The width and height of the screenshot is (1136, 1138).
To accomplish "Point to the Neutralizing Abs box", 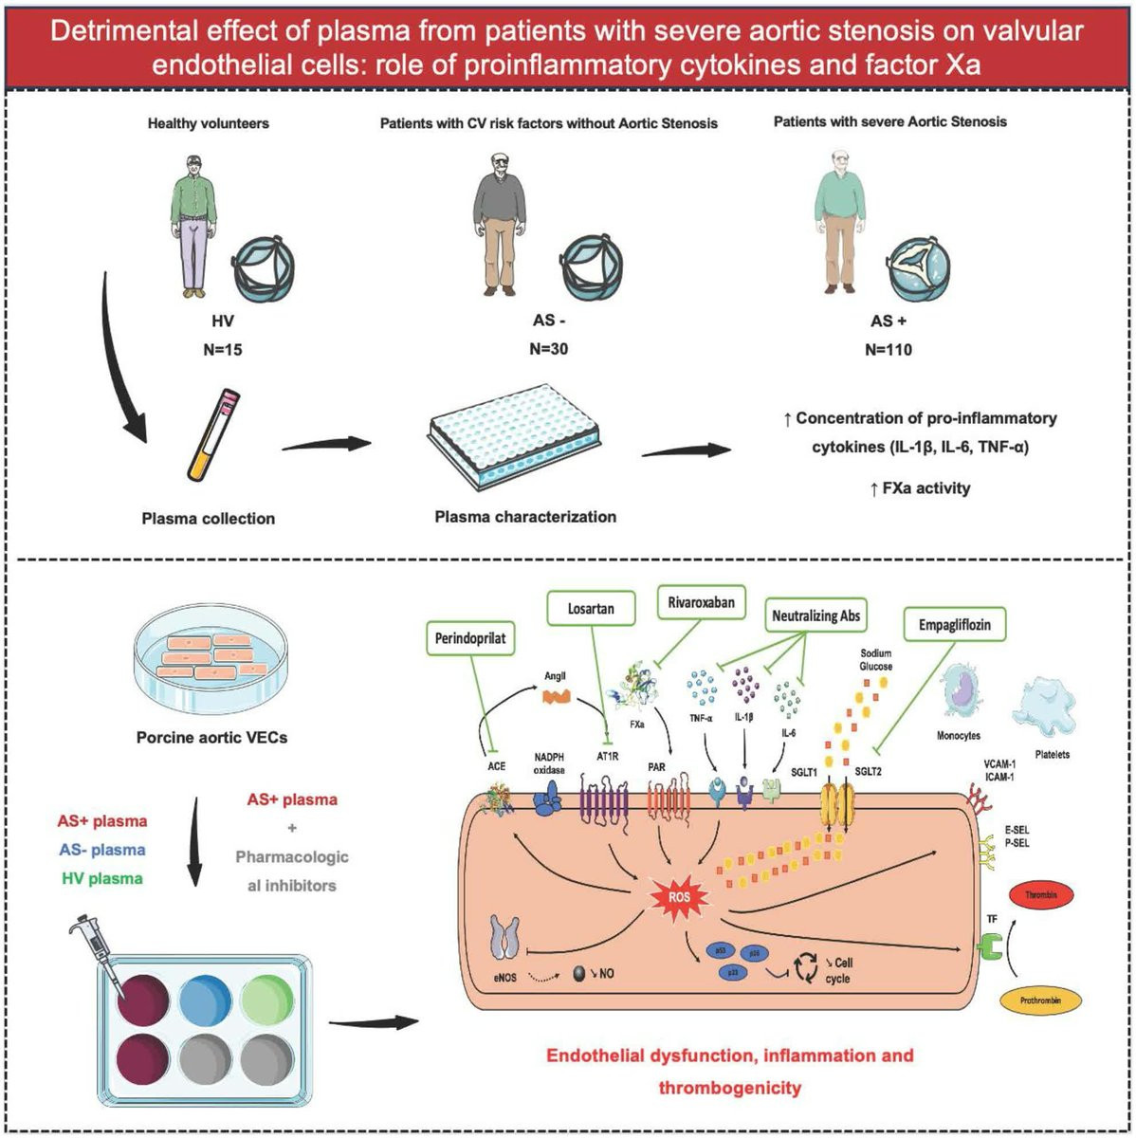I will coord(815,615).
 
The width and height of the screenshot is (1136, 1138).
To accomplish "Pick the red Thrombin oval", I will coord(1048,894).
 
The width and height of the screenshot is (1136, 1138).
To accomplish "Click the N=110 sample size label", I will coord(889,349).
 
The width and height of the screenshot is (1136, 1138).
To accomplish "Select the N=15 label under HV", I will coord(222,350).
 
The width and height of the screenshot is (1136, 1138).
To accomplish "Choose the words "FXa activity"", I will coord(925,488).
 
